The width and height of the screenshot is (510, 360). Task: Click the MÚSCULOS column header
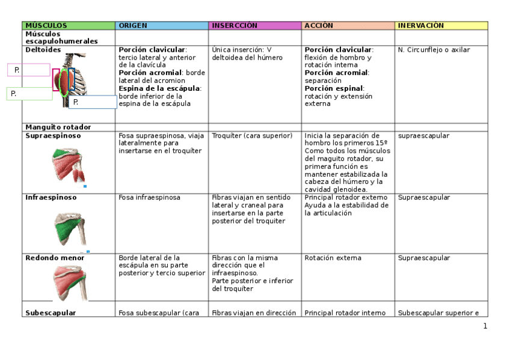(46, 26)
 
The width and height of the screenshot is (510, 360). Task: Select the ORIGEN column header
(132, 26)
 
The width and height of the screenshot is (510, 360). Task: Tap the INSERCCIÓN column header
(234, 26)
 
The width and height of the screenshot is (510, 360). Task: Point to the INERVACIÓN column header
(420, 26)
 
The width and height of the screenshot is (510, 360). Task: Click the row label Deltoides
(43, 50)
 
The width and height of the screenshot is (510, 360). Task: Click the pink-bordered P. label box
(29, 70)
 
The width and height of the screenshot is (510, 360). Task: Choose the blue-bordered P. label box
(93, 102)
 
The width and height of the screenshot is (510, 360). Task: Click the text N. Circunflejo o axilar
(434, 50)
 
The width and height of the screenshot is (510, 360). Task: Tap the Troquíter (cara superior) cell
(252, 136)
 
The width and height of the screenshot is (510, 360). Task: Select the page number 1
(485, 326)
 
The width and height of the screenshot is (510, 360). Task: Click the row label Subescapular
(51, 313)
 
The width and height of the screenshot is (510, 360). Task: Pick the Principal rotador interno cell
(345, 313)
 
